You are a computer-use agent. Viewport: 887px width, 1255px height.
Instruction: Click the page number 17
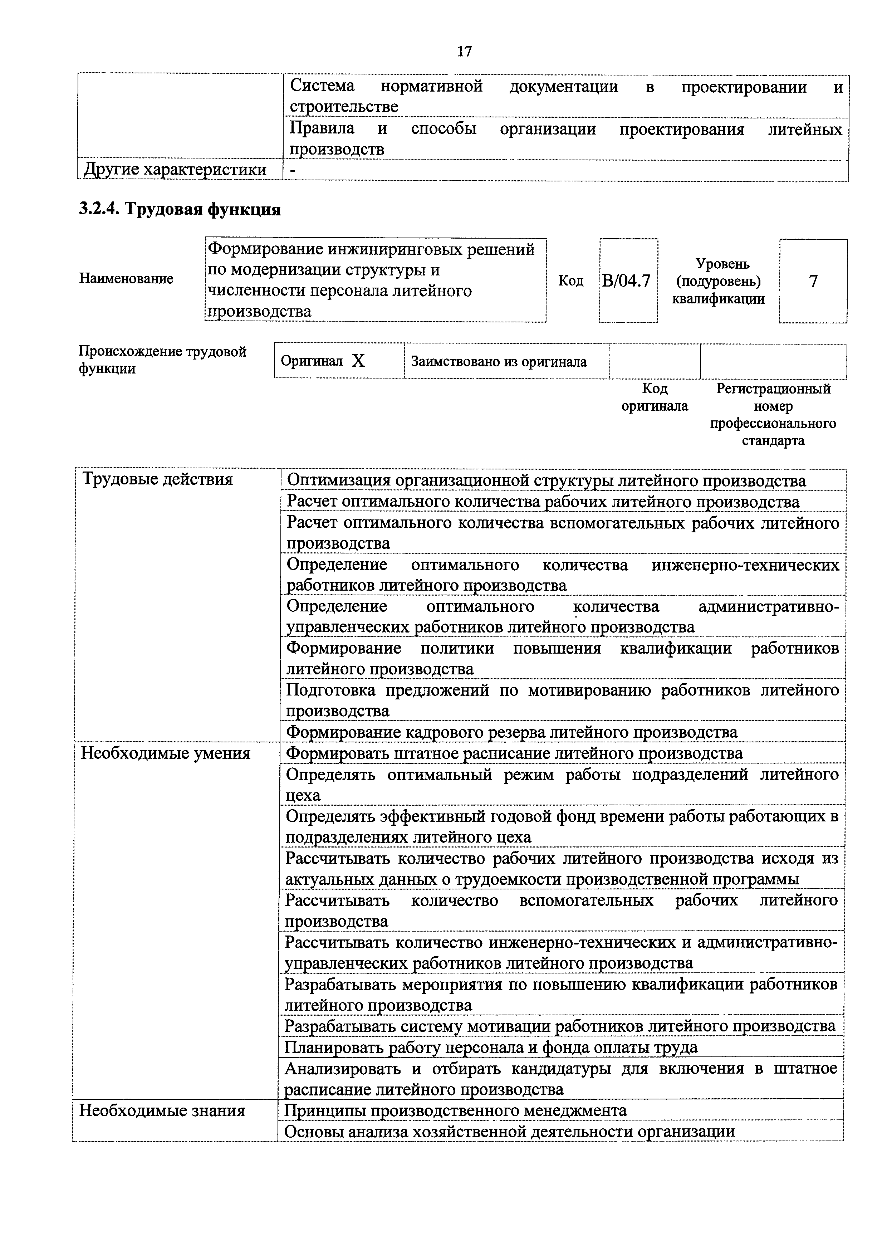(464, 52)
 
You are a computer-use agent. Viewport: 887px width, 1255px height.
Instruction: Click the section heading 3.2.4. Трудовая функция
(180, 209)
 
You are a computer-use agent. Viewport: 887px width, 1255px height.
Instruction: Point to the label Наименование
(126, 278)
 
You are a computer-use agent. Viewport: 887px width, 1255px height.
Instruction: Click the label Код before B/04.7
(570, 281)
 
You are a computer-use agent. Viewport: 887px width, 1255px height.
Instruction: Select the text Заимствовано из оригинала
(499, 361)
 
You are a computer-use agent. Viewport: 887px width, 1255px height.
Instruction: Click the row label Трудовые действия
(157, 479)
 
